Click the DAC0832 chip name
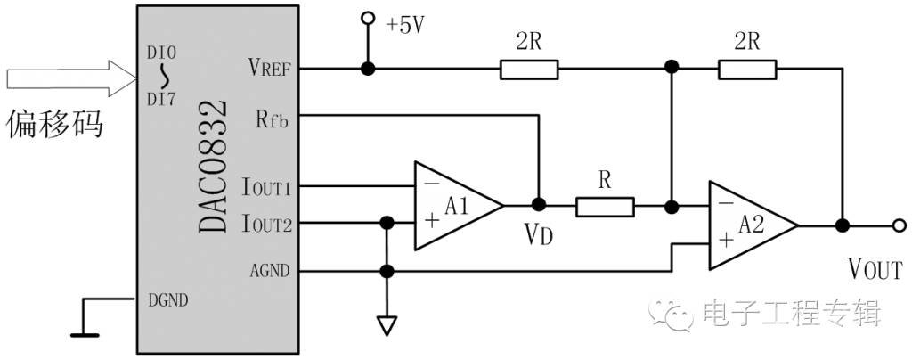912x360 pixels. pos(212,166)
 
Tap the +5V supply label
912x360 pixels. pos(405,25)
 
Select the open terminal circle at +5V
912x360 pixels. pos(367,18)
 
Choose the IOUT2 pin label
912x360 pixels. pos(265,223)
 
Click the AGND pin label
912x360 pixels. pos(269,271)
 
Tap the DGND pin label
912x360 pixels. pos(168,300)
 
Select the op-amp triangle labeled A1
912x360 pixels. pos(459,206)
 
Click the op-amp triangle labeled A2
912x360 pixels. pos(753,225)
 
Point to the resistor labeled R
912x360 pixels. pos(605,207)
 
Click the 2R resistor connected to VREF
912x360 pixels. pos(529,70)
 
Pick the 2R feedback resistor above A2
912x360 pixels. pos(747,70)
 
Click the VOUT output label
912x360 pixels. pos(875,270)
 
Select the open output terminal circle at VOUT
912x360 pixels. pos(900,225)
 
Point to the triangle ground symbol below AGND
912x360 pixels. pos(386,325)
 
